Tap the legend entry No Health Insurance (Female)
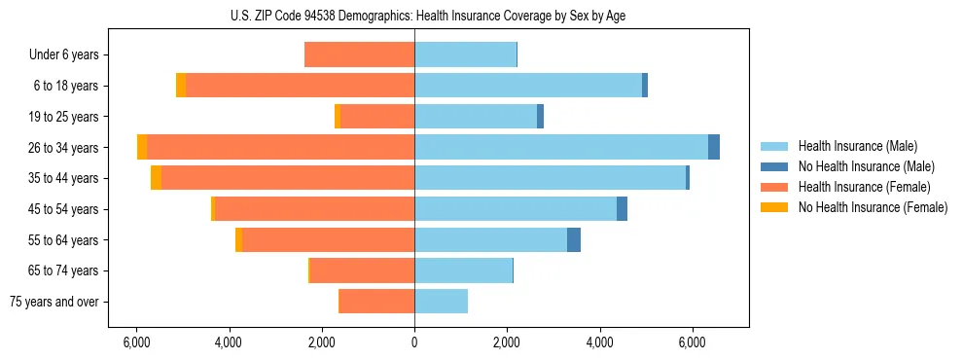click(873, 207)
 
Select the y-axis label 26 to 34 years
click(65, 148)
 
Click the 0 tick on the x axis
click(414, 342)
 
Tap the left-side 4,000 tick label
click(229, 342)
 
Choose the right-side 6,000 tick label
click(692, 342)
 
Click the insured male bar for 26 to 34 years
click(561, 147)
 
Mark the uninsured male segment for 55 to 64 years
click(574, 239)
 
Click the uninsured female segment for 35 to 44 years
click(156, 178)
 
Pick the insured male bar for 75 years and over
click(441, 302)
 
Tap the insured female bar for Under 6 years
click(359, 55)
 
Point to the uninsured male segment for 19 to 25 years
click(540, 117)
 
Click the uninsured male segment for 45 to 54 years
click(622, 209)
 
